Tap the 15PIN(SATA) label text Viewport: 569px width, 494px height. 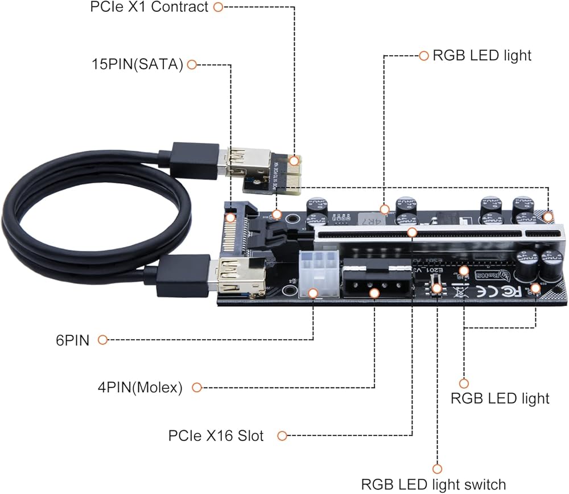click(137, 64)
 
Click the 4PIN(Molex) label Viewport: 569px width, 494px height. click(139, 388)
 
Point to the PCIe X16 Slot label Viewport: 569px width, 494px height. click(216, 436)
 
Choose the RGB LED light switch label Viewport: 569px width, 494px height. click(433, 484)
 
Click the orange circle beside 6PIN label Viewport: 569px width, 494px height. click(102, 340)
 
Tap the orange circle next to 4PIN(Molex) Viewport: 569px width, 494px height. click(197, 388)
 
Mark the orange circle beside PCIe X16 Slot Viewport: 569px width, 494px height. click(283, 436)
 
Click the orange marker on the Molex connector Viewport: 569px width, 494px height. click(374, 293)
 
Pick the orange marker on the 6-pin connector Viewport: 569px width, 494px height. click(312, 293)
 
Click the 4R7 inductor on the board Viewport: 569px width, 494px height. click(371, 217)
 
